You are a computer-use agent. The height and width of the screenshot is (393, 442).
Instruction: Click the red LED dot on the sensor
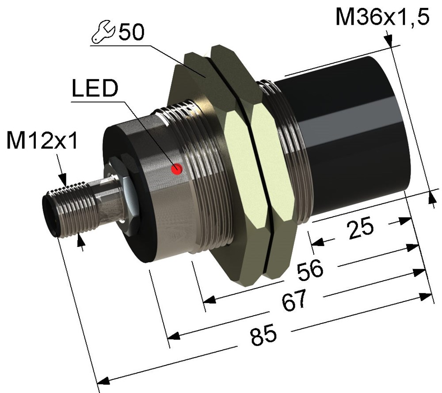point(177,169)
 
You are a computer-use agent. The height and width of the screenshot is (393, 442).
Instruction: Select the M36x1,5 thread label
point(382,17)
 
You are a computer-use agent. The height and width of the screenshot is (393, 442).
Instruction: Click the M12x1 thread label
point(42,140)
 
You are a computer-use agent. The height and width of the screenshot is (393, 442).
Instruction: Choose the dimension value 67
point(294,300)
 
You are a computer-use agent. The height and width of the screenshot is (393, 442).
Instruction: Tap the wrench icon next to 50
point(103,31)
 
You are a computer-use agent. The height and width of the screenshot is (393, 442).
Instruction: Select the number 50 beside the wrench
point(131,31)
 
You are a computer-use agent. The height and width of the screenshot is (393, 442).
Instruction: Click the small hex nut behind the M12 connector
point(121,195)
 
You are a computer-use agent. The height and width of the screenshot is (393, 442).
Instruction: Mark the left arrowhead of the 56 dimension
point(209,299)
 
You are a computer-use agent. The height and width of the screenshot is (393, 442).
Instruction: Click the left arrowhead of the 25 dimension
point(317,242)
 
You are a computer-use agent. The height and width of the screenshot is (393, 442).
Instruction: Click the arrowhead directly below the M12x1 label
point(62,179)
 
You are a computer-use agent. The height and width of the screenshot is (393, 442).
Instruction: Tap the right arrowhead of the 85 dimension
point(426,297)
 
